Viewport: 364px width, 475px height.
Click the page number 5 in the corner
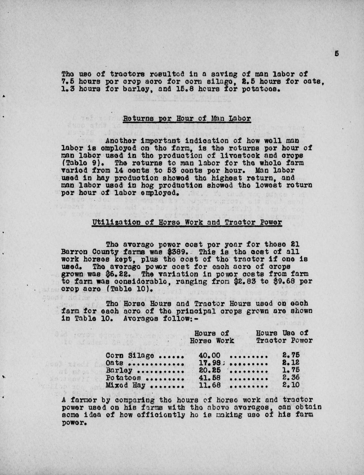click(x=336, y=53)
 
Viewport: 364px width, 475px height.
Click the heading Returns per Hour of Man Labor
click(x=187, y=119)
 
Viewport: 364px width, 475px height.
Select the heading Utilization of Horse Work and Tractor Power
click(x=187, y=222)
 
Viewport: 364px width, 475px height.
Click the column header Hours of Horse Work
click(x=212, y=337)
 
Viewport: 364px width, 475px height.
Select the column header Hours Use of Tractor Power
click(x=284, y=337)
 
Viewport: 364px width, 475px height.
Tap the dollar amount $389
click(x=180, y=252)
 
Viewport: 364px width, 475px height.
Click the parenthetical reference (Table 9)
click(x=77, y=163)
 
